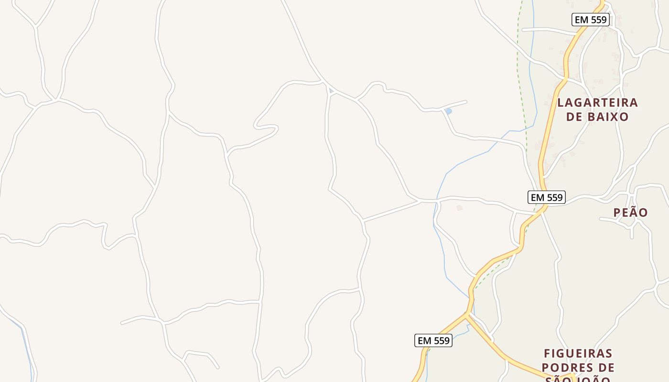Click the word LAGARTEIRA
coord(597,103)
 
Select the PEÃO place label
coord(631,212)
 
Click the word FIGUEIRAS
coord(578,354)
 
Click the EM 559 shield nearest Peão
coord(547,197)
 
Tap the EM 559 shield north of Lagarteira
coord(591,20)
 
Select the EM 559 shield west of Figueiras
coord(433,340)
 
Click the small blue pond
coord(448,111)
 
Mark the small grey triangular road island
coord(331,91)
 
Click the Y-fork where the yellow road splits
coord(466,315)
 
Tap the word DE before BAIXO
coord(573,117)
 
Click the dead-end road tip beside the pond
coord(466,101)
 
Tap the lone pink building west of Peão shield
coord(460,208)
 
